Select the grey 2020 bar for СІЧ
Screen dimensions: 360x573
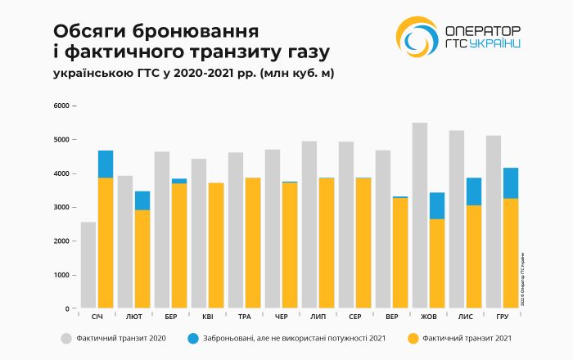[88, 265]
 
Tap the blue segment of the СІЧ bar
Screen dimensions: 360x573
[106, 164]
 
